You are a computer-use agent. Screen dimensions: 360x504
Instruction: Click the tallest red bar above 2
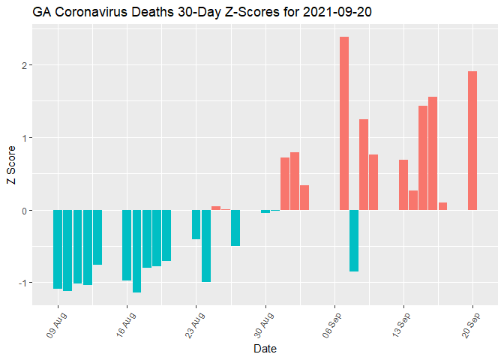click(344, 123)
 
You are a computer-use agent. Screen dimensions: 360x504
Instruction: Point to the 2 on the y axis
click(24, 65)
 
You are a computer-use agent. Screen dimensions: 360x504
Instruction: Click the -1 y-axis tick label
click(22, 283)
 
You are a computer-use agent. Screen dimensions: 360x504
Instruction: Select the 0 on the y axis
click(24, 211)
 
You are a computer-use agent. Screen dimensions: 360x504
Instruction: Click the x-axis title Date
click(265, 349)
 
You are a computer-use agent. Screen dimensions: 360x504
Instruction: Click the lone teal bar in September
click(354, 241)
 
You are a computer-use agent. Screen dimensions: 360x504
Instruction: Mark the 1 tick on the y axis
click(24, 138)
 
